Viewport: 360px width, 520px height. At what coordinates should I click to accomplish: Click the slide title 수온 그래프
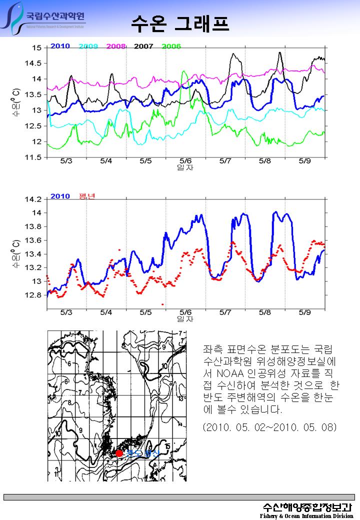[180, 22]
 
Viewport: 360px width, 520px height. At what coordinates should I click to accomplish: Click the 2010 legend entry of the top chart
[60, 46]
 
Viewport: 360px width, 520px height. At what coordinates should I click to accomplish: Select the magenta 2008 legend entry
[115, 46]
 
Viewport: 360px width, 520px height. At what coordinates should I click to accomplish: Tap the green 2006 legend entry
[171, 46]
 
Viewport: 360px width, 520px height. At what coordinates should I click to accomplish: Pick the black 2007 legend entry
[143, 46]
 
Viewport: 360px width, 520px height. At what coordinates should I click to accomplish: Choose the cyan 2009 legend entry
[88, 46]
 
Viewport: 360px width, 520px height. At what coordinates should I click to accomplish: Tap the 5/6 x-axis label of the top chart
[185, 161]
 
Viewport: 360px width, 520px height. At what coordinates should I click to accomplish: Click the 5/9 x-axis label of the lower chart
[304, 312]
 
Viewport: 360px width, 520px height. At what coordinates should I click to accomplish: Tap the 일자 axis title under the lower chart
[185, 318]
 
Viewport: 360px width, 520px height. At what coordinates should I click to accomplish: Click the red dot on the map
[119, 453]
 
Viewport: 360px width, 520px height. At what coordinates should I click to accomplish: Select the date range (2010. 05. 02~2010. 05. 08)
[270, 427]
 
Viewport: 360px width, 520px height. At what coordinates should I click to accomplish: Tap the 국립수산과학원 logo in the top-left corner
[45, 19]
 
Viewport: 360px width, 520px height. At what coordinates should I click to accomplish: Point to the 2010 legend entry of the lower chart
[60, 196]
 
